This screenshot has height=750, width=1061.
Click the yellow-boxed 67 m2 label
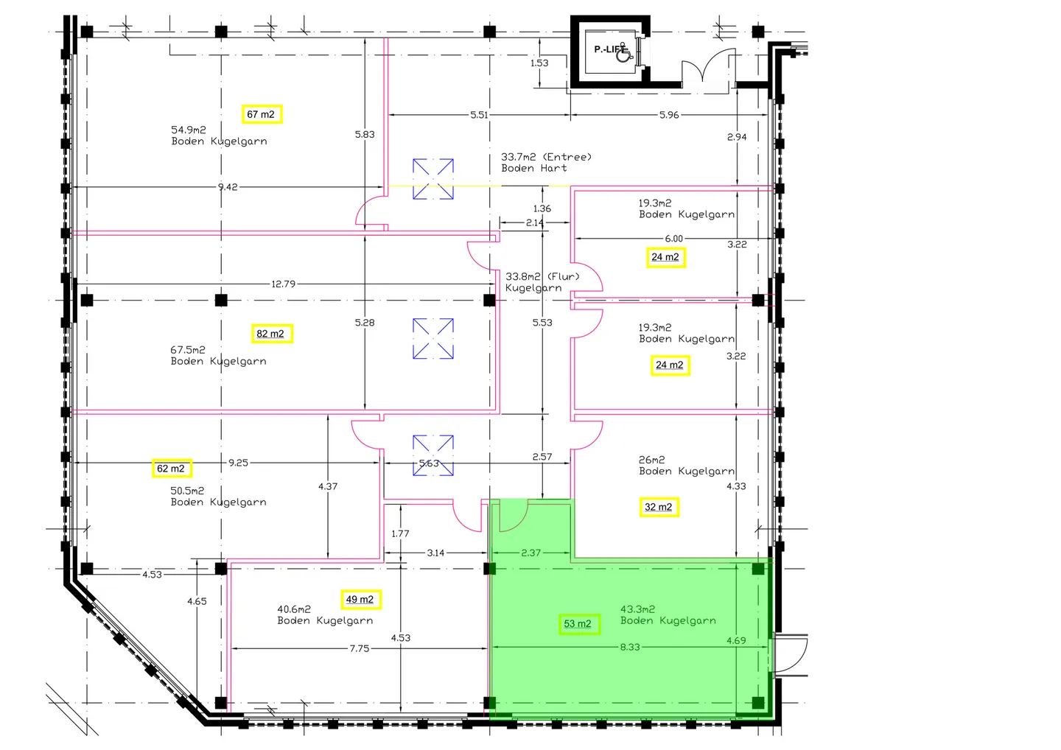pyautogui.click(x=262, y=114)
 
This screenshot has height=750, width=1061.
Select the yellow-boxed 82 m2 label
pyautogui.click(x=272, y=333)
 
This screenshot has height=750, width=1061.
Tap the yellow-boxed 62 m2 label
pyautogui.click(x=172, y=469)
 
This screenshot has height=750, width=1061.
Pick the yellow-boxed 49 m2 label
pyautogui.click(x=361, y=600)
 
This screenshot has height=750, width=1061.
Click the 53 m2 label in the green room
pyautogui.click(x=579, y=624)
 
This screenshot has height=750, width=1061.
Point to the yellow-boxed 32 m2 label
pyautogui.click(x=659, y=507)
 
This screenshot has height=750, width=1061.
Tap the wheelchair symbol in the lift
pyautogui.click(x=623, y=53)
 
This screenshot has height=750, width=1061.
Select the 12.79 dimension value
pyautogui.click(x=283, y=284)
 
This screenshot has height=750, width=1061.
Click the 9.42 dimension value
pyautogui.click(x=228, y=187)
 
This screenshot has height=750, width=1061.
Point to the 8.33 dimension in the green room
pyautogui.click(x=630, y=648)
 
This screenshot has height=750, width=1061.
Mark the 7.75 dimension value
pyautogui.click(x=360, y=648)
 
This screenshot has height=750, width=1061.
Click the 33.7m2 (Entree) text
pyautogui.click(x=547, y=157)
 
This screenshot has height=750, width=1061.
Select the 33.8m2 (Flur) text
pyautogui.click(x=542, y=276)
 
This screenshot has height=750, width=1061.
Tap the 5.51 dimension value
pyautogui.click(x=479, y=115)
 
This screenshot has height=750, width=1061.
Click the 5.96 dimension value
pyautogui.click(x=669, y=115)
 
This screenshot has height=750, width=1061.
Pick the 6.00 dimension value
pyautogui.click(x=674, y=239)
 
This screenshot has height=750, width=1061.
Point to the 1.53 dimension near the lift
pyautogui.click(x=539, y=63)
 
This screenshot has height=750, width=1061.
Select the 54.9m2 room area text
pyautogui.click(x=189, y=129)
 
